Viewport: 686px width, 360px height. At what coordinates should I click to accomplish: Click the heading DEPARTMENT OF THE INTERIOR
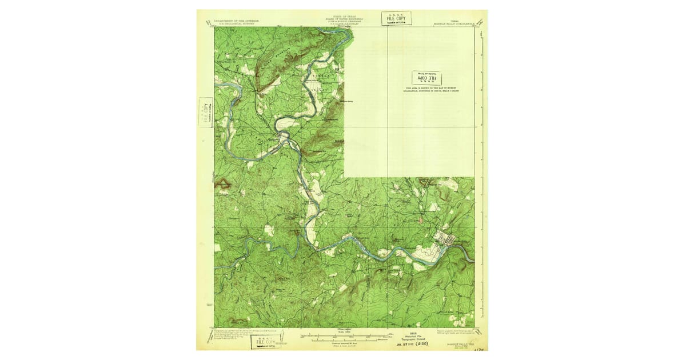[x=236, y=20]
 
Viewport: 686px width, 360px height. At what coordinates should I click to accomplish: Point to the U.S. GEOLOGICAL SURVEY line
[x=236, y=23]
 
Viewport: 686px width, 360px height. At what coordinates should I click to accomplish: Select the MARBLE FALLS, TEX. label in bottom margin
[x=459, y=336]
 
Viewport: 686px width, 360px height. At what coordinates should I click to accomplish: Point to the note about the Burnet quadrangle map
[x=432, y=89]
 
